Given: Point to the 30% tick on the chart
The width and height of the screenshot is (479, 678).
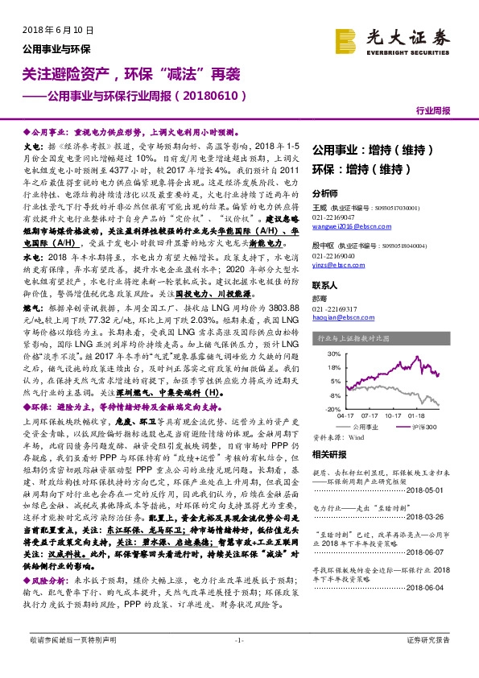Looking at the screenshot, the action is click(328, 353).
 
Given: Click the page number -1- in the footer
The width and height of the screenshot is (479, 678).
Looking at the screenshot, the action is click(239, 662).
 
